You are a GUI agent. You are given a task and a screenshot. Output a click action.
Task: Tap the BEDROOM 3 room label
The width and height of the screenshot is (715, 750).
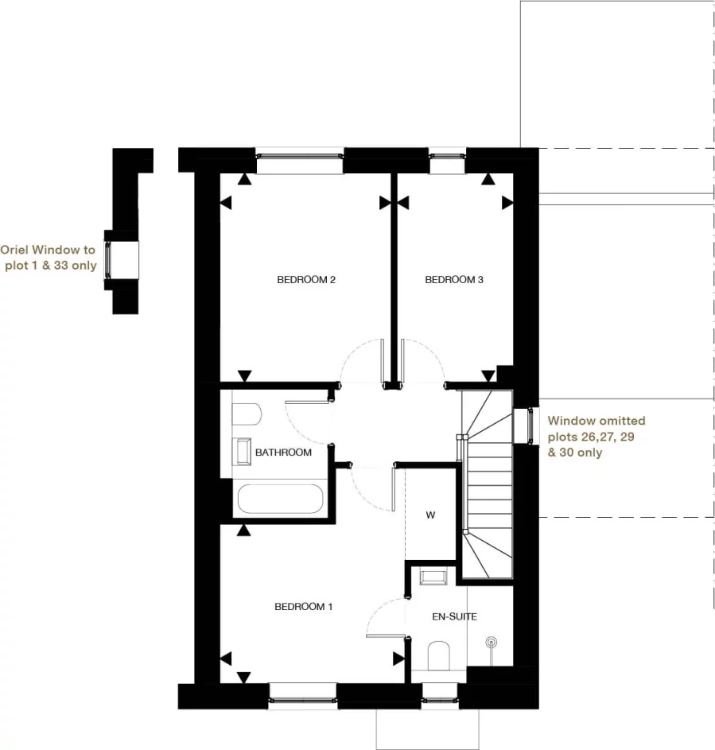(454, 280)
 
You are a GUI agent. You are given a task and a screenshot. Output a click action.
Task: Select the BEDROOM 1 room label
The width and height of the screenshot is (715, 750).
(303, 607)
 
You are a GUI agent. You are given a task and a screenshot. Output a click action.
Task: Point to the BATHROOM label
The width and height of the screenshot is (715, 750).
(283, 453)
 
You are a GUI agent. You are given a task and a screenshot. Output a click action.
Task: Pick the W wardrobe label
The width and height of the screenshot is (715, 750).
(430, 515)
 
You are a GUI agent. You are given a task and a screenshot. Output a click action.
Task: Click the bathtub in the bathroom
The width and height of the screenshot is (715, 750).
(279, 500)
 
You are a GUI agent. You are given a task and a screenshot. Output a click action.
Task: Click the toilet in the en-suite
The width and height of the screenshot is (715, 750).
(439, 656)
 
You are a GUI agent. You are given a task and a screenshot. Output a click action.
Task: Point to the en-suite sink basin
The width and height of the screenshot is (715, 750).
(433, 577)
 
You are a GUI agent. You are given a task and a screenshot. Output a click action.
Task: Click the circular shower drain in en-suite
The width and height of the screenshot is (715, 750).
(492, 641)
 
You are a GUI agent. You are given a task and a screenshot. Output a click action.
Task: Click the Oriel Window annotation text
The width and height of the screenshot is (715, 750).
(49, 258)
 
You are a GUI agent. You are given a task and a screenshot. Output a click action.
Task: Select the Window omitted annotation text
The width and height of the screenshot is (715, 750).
(596, 436)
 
